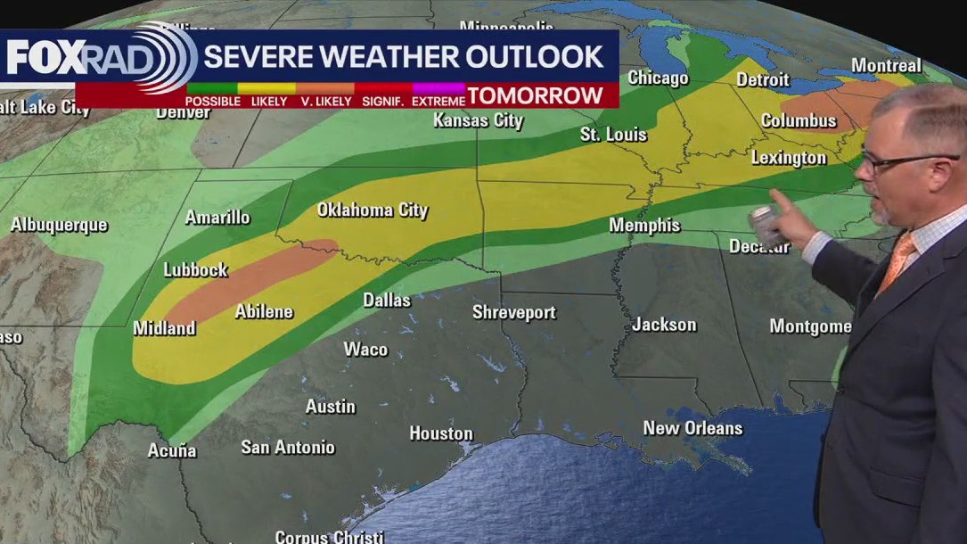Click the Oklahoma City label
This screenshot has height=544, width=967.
pos(373,210)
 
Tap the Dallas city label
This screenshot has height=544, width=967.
pos(387,301)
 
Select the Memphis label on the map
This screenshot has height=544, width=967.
pos(644,226)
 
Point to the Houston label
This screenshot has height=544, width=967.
pos(441,433)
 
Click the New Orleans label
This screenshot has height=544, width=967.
pos(692,428)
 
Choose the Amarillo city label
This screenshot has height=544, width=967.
pos(217,218)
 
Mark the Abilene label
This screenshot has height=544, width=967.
pos(264,312)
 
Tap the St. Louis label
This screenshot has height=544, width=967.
pos(613,135)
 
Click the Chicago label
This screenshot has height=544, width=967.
pos(658,78)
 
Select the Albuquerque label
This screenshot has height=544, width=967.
pos(59,226)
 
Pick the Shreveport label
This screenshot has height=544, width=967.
pos(514,313)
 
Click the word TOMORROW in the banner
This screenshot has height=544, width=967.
pos(536,95)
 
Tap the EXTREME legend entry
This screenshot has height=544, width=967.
pos(438,102)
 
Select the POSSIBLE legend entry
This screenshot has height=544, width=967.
pos(212,102)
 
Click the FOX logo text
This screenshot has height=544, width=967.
pos(45,58)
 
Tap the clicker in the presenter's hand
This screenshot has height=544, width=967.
pos(763,223)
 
